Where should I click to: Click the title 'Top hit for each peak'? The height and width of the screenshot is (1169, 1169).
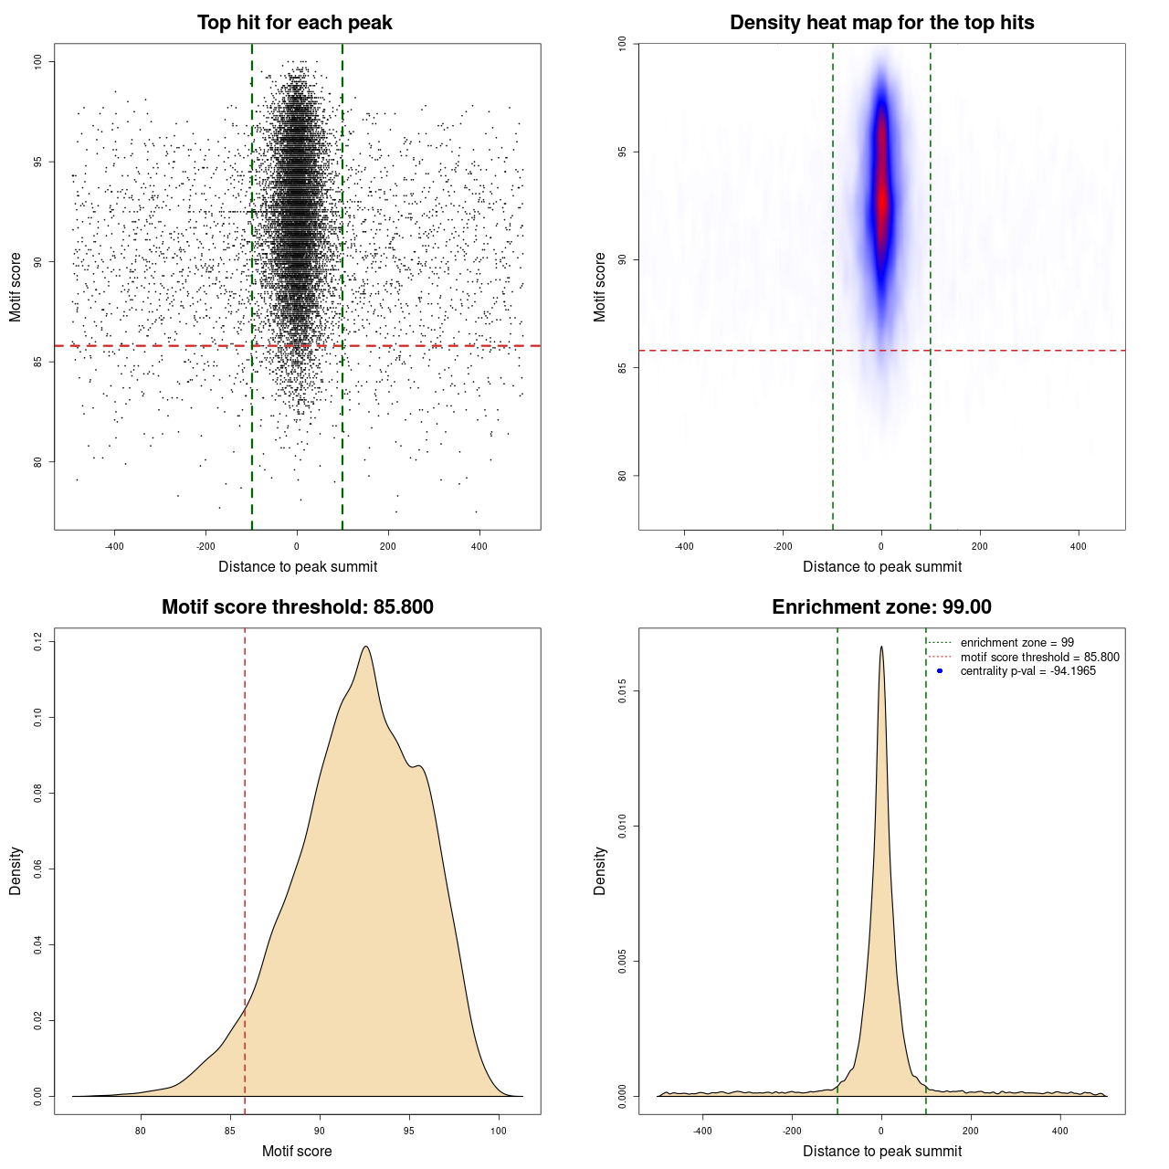[x=294, y=23]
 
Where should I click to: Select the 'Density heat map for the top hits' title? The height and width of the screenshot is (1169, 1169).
[x=881, y=23]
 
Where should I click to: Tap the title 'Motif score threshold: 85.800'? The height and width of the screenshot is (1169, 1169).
[x=297, y=607]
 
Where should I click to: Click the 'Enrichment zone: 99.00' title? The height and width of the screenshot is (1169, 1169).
[x=881, y=607]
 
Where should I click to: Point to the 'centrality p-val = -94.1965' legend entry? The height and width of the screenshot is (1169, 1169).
[x=1027, y=671]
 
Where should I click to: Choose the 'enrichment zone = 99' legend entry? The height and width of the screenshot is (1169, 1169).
[x=1016, y=643]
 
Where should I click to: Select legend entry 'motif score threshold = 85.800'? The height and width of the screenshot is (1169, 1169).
[x=1039, y=657]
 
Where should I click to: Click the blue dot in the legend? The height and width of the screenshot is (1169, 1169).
[x=940, y=671]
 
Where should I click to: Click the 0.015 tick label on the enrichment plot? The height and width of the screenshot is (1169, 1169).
[x=623, y=691]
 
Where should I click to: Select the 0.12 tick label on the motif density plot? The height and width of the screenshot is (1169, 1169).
[x=38, y=642]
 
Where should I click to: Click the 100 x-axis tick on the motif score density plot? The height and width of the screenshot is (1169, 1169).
[x=498, y=1131]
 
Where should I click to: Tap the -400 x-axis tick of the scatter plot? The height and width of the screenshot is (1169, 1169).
[x=114, y=546]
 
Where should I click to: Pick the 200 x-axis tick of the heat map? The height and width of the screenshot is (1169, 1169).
[x=980, y=546]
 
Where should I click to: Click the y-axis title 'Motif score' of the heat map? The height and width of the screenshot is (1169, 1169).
[x=600, y=287]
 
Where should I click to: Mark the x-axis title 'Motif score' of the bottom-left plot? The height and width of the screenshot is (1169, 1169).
[x=297, y=1151]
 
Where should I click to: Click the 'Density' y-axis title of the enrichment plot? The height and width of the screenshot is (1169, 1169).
[x=600, y=870]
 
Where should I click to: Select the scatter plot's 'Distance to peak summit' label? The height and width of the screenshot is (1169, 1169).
[x=298, y=566]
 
